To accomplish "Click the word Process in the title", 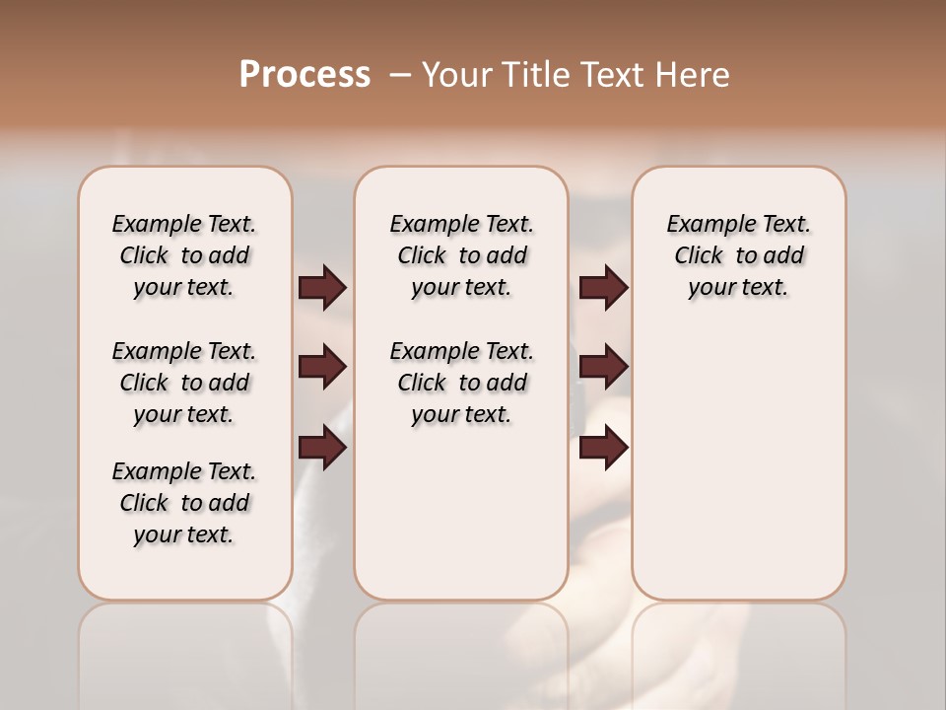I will tap(304, 75).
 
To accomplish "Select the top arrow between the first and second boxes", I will tap(322, 287).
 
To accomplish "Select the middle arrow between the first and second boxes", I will tap(322, 367).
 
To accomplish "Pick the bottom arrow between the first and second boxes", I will tap(322, 449).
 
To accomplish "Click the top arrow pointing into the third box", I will tap(603, 287).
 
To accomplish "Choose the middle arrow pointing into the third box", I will tap(603, 367).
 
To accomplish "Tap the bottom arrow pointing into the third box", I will tap(603, 449).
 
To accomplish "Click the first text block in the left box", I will tap(184, 255).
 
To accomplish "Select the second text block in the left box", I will tap(184, 383).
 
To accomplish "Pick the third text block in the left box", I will tap(184, 503).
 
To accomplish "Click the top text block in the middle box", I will tap(461, 255).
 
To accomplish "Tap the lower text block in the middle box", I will tap(461, 383).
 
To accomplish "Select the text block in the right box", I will tap(738, 255).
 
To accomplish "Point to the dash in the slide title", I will tap(399, 75).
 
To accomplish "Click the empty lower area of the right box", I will tap(738, 473).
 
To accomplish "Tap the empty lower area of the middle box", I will tap(461, 513).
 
